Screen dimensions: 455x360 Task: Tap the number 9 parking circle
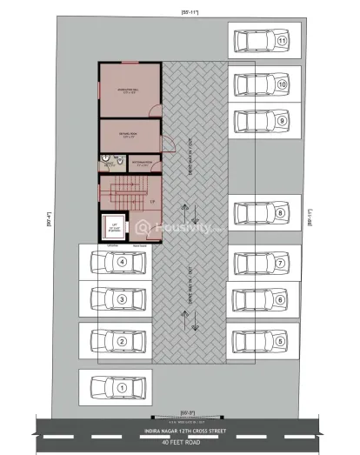282,121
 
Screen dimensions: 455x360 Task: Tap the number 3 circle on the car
123,300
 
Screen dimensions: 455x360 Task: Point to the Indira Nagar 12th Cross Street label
179,430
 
